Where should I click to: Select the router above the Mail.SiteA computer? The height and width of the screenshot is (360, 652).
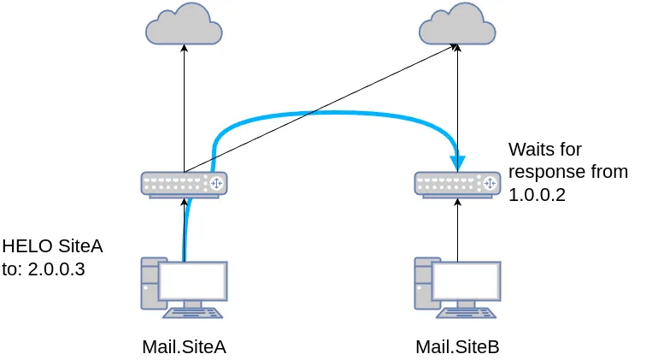click(184, 184)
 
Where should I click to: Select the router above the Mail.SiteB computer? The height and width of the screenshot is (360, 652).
click(457, 184)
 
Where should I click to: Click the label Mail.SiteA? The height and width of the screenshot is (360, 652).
click(184, 346)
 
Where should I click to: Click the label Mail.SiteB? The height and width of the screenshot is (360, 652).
click(457, 346)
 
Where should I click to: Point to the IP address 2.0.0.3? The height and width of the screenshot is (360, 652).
click(62, 269)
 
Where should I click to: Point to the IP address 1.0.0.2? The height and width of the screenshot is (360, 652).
click(537, 195)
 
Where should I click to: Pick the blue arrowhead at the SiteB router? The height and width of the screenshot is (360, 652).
click(459, 161)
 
